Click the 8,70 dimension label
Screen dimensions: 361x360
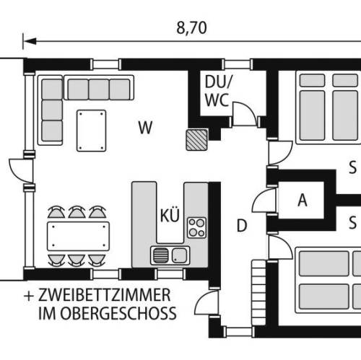click(x=191, y=28)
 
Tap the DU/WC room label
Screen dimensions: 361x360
click(x=218, y=91)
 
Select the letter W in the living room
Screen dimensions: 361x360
click(x=145, y=128)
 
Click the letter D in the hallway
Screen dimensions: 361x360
click(x=242, y=226)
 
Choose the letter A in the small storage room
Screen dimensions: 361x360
click(x=303, y=200)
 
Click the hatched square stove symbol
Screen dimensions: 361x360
click(x=196, y=140)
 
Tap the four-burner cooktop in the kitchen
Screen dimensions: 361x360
click(x=196, y=227)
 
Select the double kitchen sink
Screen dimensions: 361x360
click(x=170, y=255)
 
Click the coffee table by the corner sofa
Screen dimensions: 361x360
click(x=91, y=131)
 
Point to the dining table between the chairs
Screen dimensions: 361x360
click(x=78, y=236)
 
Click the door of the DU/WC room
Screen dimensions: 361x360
click(x=243, y=113)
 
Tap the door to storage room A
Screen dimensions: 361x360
click(x=264, y=201)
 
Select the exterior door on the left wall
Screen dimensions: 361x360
click(x=21, y=170)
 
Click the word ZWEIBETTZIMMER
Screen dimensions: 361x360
click(x=104, y=295)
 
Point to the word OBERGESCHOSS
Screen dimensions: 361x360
click(x=118, y=313)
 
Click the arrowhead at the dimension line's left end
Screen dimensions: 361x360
click(x=30, y=41)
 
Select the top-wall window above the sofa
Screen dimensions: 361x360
click(x=106, y=64)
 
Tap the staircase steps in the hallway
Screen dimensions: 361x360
click(x=258, y=293)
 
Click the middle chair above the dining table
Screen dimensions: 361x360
click(x=77, y=211)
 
